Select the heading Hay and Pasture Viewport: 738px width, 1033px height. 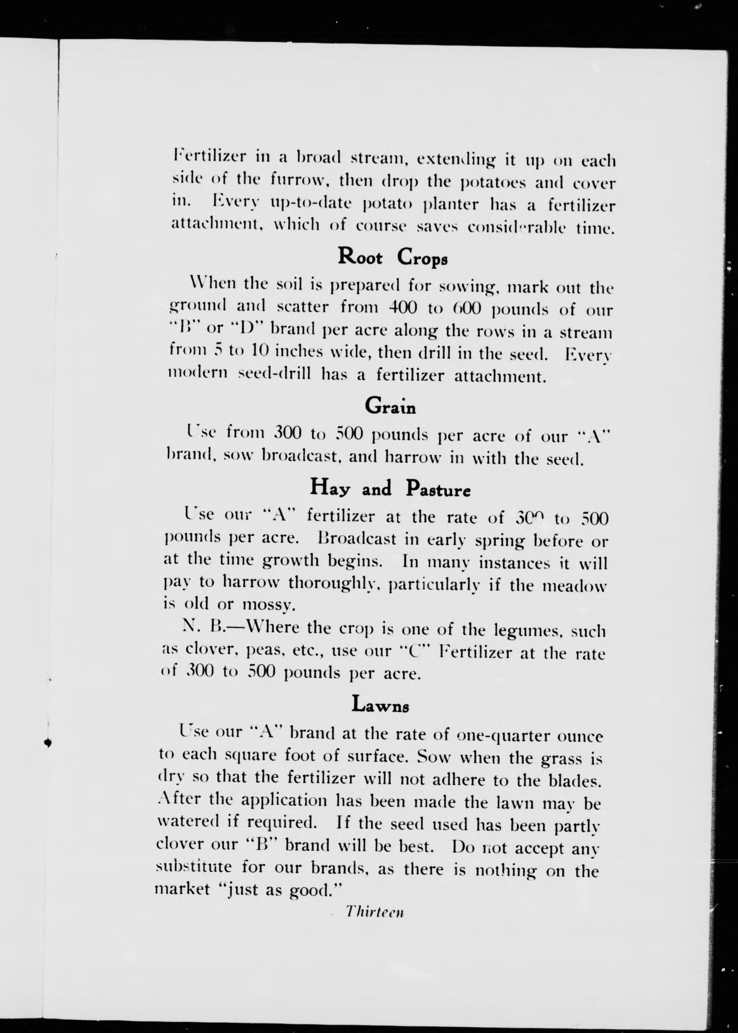(x=390, y=488)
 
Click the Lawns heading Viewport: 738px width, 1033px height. (x=380, y=705)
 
